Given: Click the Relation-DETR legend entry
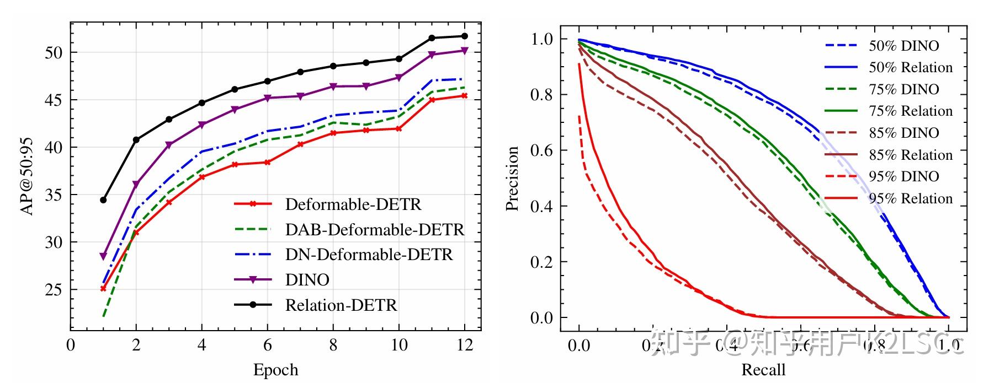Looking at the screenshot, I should (341, 305).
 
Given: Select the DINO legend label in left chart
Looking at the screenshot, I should (307, 280).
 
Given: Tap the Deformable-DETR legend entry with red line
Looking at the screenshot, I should (353, 204).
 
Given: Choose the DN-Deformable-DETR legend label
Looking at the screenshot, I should (369, 255).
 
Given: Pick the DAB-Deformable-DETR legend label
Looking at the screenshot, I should (374, 230).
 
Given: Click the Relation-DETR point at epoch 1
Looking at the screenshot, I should (103, 200).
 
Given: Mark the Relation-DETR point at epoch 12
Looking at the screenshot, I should (464, 36).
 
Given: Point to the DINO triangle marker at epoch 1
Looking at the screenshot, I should (103, 256).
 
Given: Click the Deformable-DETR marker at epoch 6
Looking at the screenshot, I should (267, 163).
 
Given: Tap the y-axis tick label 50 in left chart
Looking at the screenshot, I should (53, 53).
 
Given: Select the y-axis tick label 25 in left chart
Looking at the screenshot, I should (53, 289).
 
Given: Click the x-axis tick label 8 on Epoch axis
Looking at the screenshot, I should (333, 346).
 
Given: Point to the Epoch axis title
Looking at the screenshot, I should (275, 370).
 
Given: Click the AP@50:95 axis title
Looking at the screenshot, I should (26, 176).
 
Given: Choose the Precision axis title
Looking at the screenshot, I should (512, 179).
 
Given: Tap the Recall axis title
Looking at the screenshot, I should (763, 370).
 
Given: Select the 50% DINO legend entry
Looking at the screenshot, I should (903, 46).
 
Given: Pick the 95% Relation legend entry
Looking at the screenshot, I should (911, 198).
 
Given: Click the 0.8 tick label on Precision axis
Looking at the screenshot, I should (541, 95).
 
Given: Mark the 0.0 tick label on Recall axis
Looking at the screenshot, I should (578, 346).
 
